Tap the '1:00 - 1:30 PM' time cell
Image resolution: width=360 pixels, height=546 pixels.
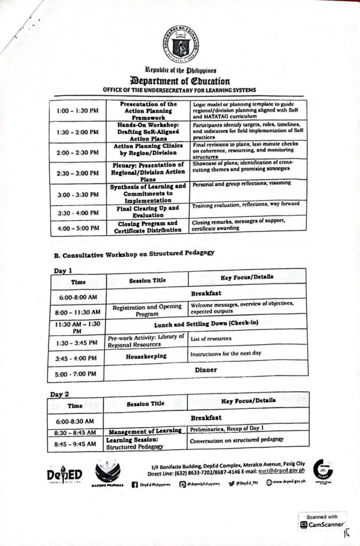click(77, 111)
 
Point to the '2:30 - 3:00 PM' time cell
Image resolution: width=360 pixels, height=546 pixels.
click(78, 173)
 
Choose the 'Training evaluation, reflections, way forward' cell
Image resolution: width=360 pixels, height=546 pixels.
click(247, 204)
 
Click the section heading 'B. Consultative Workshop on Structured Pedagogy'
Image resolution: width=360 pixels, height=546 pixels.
click(134, 253)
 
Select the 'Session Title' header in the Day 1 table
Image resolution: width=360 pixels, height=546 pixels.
click(147, 280)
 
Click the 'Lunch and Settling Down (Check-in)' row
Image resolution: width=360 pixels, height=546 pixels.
click(205, 323)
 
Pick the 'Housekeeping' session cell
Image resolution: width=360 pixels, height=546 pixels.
click(146, 356)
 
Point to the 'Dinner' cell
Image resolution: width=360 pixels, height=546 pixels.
click(205, 369)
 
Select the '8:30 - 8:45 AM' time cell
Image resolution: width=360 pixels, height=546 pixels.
click(76, 432)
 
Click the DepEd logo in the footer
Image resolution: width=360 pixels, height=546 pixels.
click(64, 475)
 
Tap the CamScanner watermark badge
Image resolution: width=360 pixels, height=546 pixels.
click(322, 521)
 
